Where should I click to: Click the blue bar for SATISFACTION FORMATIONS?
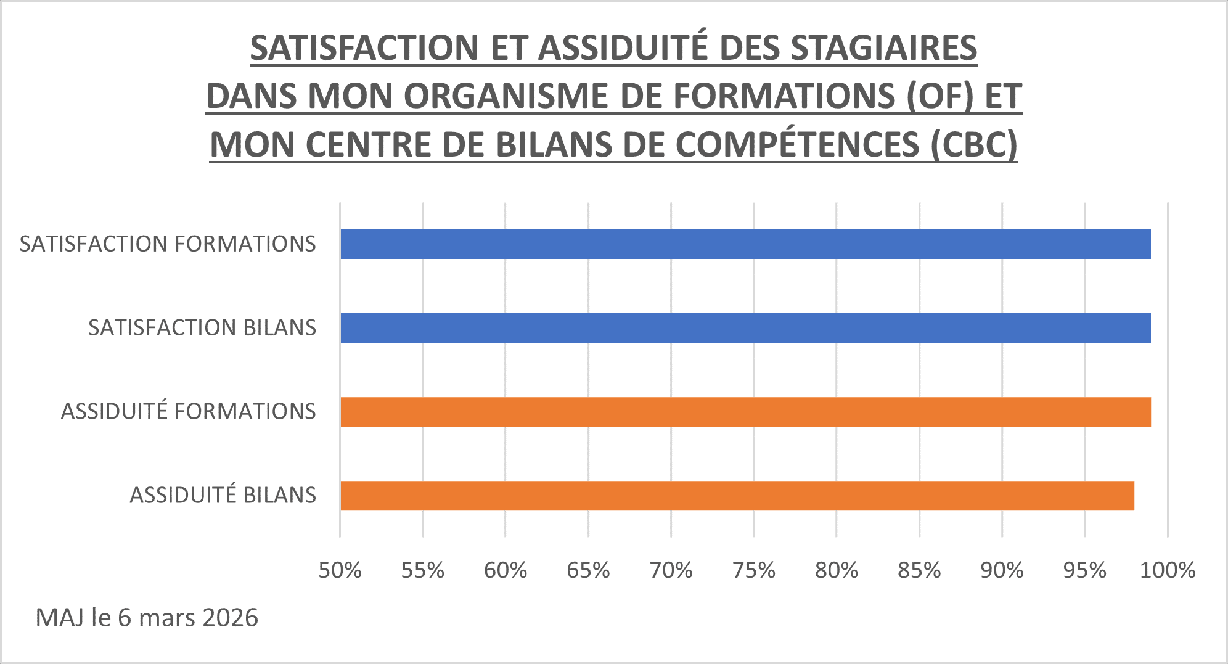(745, 244)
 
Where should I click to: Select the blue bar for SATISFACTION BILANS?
(745, 328)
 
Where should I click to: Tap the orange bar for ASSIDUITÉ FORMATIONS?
(745, 412)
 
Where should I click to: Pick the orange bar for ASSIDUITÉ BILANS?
(737, 496)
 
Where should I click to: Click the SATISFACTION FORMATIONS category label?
(168, 244)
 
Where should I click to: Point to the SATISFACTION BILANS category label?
(202, 328)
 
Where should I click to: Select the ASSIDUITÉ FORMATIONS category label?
(188, 412)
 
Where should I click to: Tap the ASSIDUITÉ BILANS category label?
(223, 496)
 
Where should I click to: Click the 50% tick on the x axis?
(340, 570)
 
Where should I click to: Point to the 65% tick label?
(588, 570)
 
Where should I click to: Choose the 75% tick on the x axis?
(754, 570)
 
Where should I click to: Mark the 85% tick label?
(919, 570)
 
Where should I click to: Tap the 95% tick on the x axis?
(1085, 570)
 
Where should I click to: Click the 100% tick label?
(1168, 570)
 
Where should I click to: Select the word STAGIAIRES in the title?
(884, 48)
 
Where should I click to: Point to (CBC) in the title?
(974, 145)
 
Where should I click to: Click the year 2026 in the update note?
(230, 618)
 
